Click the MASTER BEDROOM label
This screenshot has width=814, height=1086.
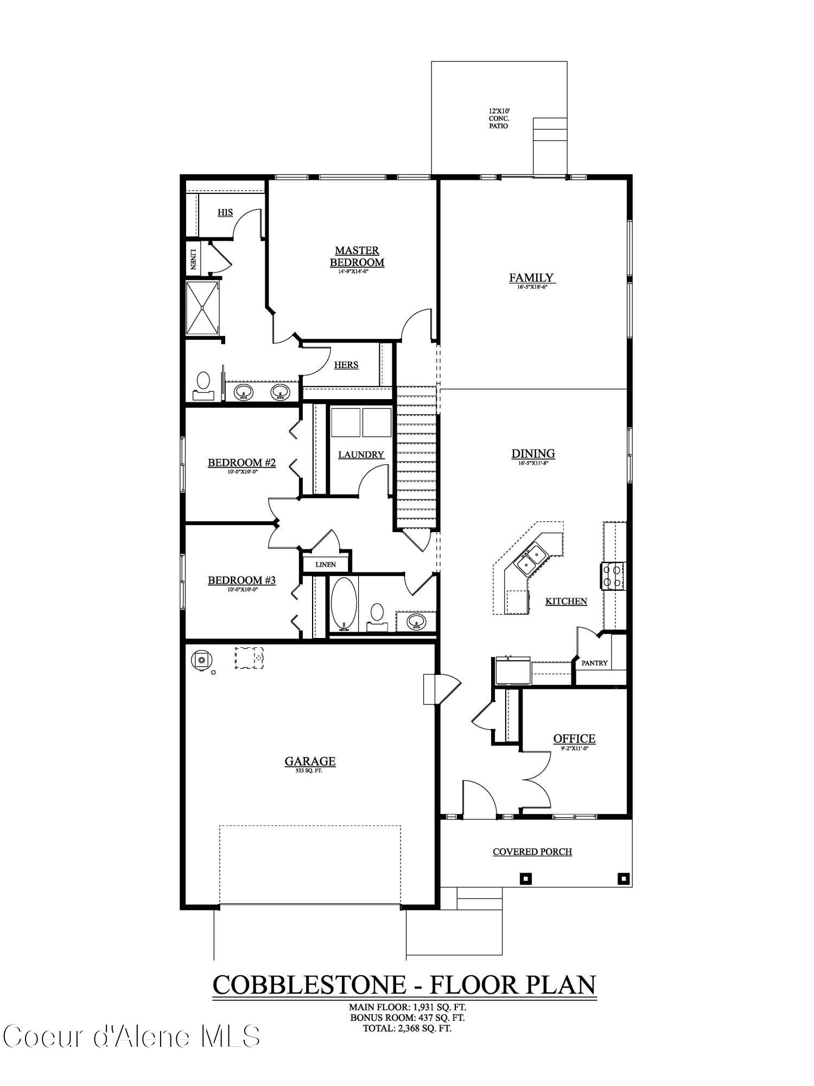click(357, 256)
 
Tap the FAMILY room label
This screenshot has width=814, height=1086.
click(531, 278)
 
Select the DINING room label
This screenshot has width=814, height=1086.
click(533, 453)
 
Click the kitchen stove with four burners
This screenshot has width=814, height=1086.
click(613, 576)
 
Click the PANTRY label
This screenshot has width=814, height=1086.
click(594, 663)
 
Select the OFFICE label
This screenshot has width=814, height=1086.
click(574, 738)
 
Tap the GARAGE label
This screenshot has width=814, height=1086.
click(310, 761)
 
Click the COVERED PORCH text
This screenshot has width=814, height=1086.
click(532, 851)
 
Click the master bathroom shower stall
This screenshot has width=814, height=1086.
click(202, 308)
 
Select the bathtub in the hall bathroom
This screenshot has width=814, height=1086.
click(344, 604)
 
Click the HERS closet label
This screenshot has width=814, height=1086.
click(346, 365)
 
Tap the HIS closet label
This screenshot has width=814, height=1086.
click(225, 212)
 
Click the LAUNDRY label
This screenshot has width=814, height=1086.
click(361, 454)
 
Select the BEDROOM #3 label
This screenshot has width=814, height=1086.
click(241, 580)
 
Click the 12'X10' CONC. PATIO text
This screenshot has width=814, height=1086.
click(498, 118)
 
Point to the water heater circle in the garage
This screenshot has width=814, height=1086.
click(201, 660)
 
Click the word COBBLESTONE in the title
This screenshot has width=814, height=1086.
click(309, 985)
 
